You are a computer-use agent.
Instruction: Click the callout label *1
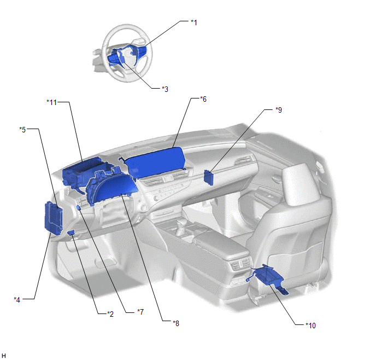(x=194, y=22)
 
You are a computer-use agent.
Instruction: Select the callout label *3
(x=165, y=89)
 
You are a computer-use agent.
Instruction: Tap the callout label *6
(x=203, y=99)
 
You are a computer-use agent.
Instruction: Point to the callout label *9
(x=279, y=110)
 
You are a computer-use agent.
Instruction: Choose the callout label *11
(x=51, y=102)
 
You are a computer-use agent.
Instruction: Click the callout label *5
(x=22, y=130)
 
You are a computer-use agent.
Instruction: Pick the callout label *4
(x=17, y=300)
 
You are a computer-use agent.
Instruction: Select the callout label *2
(x=110, y=314)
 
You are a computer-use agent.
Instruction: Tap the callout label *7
(x=140, y=312)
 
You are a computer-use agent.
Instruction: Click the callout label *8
(x=176, y=323)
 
